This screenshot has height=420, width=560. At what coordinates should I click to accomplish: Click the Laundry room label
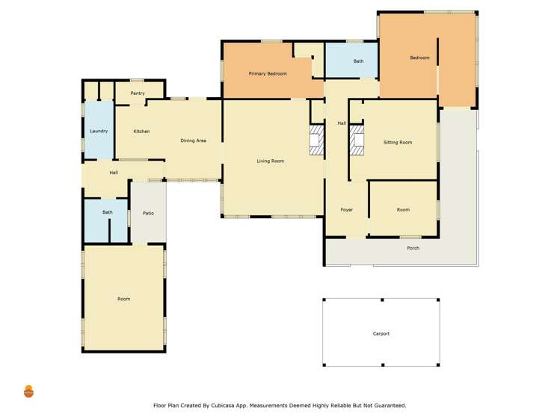pos(99,132)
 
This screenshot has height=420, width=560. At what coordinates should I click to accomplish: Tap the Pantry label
pos(138,93)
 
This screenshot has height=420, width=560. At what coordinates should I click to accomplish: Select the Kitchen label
pos(141,132)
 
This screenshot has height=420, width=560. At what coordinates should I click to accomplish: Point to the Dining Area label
pos(193,140)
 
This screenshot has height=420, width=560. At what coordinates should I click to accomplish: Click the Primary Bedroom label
pos(268,74)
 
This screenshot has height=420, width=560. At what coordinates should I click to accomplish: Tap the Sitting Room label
pos(398,142)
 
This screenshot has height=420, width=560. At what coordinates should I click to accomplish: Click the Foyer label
pos(347,210)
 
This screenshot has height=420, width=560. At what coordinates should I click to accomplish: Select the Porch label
pos(413,248)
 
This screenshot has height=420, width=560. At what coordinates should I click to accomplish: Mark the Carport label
pos(381,334)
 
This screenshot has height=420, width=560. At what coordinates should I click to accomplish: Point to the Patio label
pos(148,214)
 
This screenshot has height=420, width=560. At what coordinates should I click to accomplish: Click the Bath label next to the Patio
pos(108,212)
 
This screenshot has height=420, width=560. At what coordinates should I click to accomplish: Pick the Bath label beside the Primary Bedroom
pos(358,61)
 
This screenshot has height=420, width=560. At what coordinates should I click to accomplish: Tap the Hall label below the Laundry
pos(114,173)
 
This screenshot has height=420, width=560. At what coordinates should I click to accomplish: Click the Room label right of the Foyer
pos(403,210)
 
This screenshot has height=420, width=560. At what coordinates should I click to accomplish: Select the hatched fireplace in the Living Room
pos(316,140)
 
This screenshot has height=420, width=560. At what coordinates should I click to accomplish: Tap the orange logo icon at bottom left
pos(28,391)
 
